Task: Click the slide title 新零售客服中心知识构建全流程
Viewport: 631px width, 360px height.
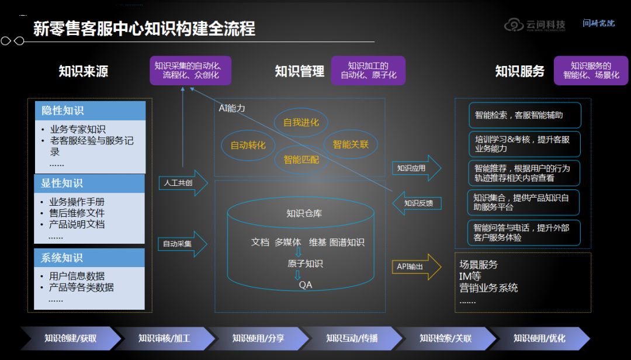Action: click(x=144, y=28)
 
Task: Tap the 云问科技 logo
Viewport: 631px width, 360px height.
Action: click(x=535, y=25)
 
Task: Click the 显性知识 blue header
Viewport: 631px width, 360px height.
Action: click(x=89, y=184)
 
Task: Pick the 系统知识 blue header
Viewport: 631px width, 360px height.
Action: click(x=89, y=258)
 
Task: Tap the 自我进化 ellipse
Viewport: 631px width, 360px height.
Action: click(x=301, y=123)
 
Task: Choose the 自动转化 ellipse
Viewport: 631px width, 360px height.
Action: click(x=248, y=145)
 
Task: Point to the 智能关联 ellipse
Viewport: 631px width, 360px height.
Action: click(x=351, y=144)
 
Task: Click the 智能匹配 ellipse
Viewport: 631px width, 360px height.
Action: click(x=301, y=158)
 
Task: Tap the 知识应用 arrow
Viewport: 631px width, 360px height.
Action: click(x=415, y=168)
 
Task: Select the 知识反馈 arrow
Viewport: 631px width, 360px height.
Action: click(x=415, y=203)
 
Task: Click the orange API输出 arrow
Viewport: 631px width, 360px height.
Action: click(x=415, y=267)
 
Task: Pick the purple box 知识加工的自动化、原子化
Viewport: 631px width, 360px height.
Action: click(x=368, y=70)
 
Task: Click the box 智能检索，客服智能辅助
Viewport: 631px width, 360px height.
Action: click(x=525, y=115)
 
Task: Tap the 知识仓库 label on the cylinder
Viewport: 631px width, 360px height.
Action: click(x=304, y=213)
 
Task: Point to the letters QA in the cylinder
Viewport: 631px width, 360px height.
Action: click(x=305, y=285)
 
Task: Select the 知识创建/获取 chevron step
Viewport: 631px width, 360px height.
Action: click(x=70, y=338)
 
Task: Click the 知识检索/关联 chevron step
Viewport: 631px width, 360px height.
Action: click(x=445, y=338)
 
